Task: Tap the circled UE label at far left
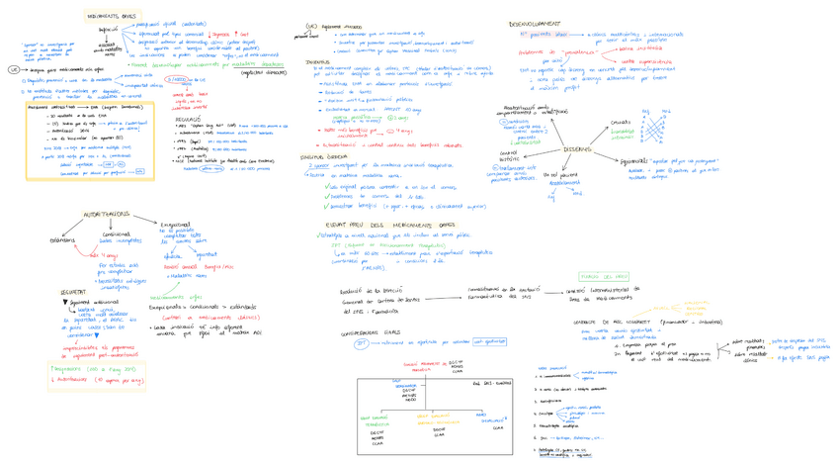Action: point(13,70)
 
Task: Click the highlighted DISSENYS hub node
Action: point(579,148)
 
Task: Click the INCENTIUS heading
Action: point(317,60)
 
